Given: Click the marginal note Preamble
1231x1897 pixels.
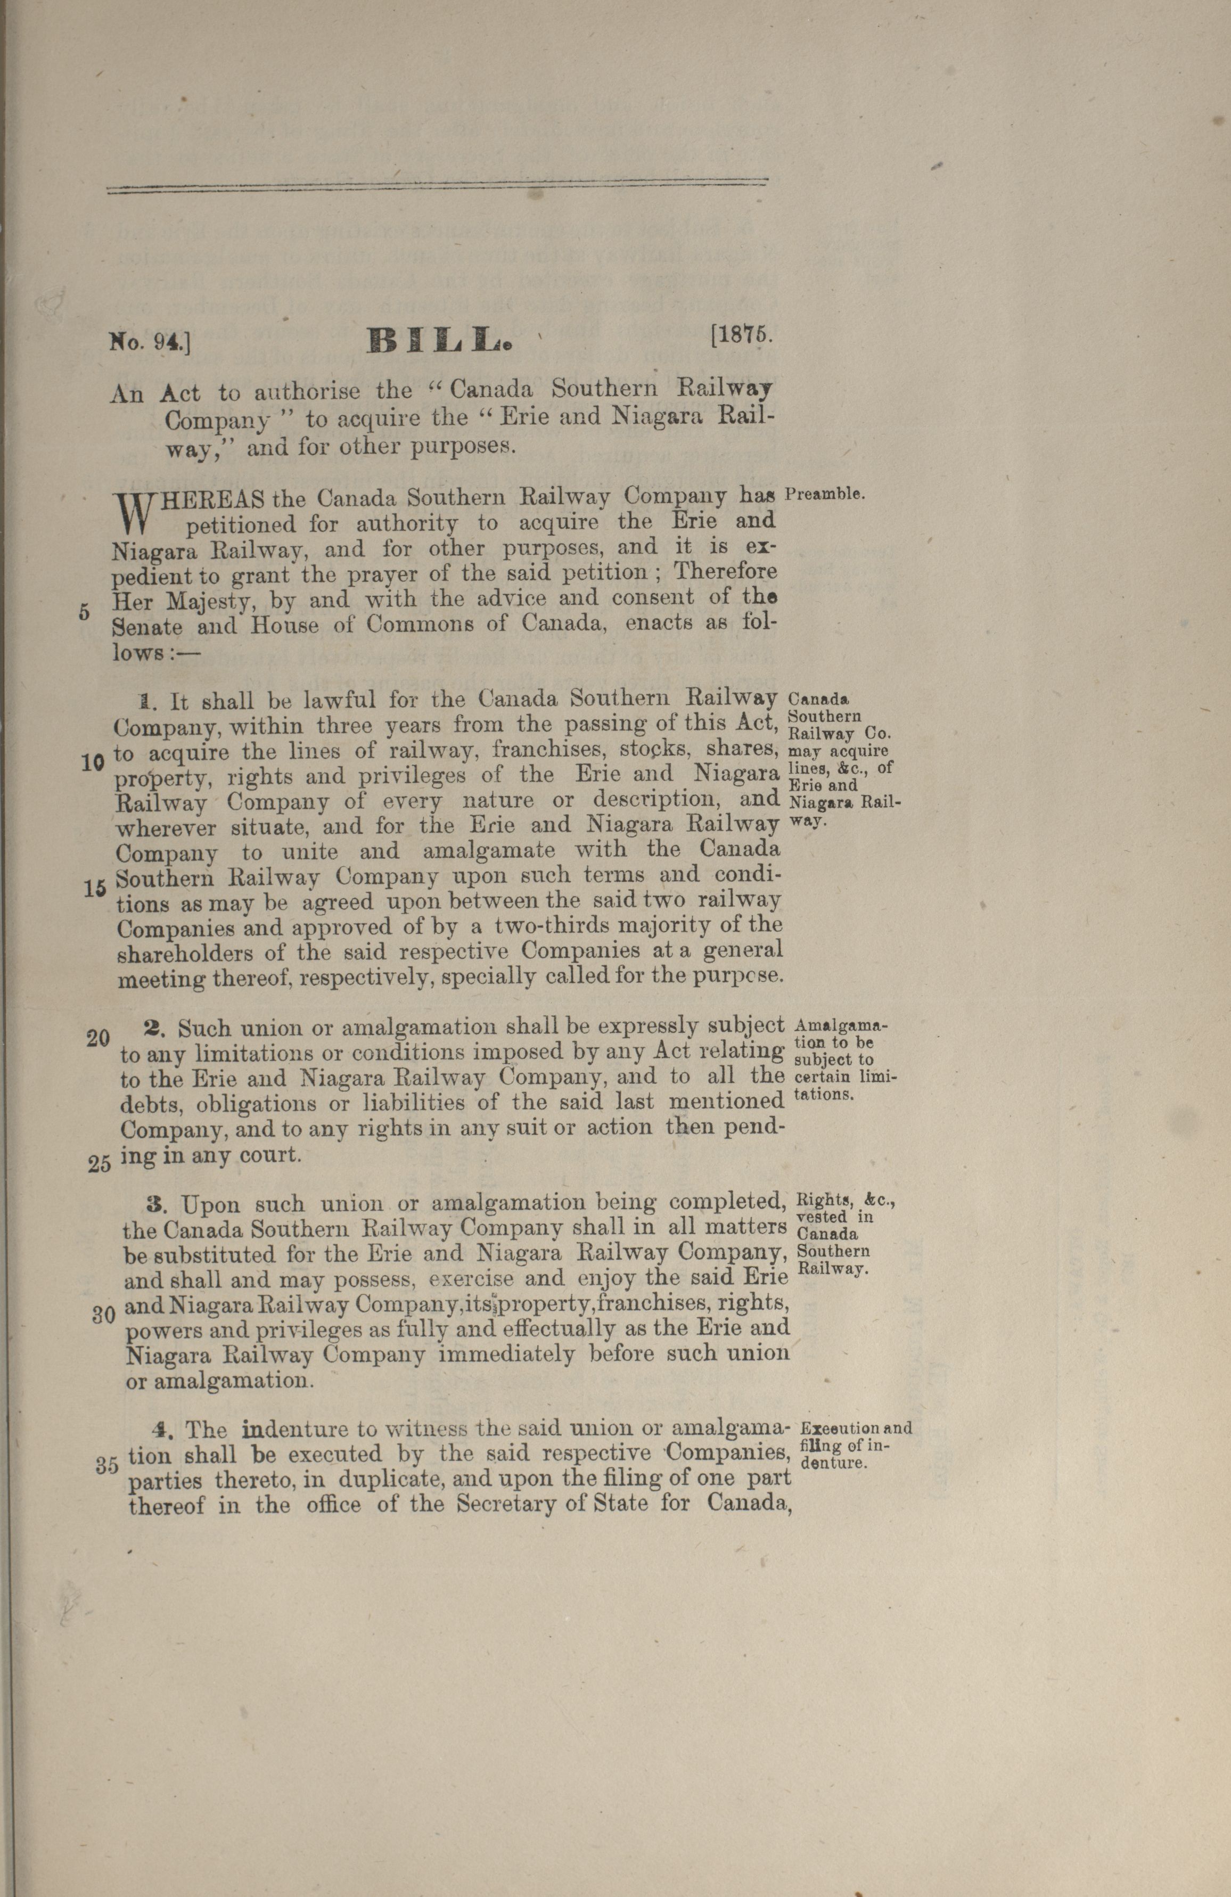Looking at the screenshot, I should [x=824, y=494].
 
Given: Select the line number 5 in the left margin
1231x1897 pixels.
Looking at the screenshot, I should [x=85, y=613].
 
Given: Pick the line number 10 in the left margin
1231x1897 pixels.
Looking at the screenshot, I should [x=93, y=762].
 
